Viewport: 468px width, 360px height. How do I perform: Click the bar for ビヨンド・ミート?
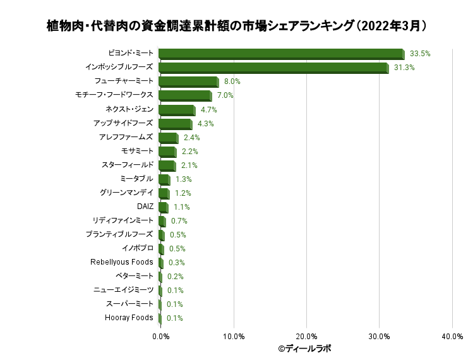pyautogui.click(x=281, y=54)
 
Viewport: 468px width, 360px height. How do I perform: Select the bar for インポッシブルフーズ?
pyautogui.click(x=273, y=68)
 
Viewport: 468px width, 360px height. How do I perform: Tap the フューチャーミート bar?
pyautogui.click(x=188, y=82)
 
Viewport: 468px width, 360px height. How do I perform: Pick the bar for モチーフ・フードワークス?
pyautogui.click(x=184, y=96)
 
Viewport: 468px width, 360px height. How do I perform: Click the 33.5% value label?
pyautogui.click(x=420, y=54)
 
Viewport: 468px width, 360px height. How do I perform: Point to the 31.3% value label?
pyautogui.click(x=404, y=68)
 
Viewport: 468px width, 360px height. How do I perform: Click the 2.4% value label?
pyautogui.click(x=191, y=137)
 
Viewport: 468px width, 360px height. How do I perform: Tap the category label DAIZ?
pyautogui.click(x=145, y=206)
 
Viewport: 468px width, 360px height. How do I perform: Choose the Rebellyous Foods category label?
pyautogui.click(x=122, y=261)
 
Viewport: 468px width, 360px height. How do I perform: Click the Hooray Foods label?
pyautogui.click(x=129, y=317)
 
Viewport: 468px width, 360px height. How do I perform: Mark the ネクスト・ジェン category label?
pyautogui.click(x=129, y=109)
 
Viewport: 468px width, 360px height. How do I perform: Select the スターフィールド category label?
pyautogui.click(x=127, y=164)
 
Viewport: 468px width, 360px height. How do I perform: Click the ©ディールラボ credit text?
pyautogui.click(x=304, y=348)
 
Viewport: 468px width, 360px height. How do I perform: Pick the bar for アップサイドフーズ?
pyautogui.click(x=175, y=124)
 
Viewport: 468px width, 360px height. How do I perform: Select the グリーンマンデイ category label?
pyautogui.click(x=126, y=192)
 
